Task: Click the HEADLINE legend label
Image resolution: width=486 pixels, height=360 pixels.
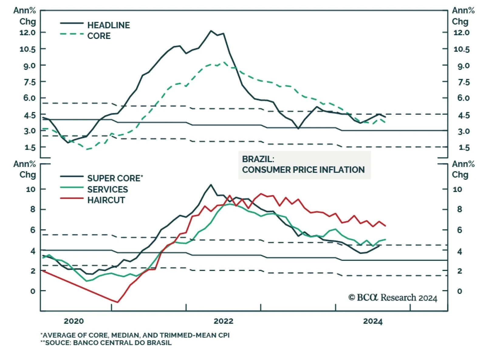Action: pos(108,25)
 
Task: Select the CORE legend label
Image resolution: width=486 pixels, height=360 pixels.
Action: pos(99,36)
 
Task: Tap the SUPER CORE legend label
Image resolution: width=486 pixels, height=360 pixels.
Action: pos(115,178)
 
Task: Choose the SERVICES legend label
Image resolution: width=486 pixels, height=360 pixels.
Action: pos(108,189)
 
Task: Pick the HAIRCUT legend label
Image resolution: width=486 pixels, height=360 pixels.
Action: pos(106,200)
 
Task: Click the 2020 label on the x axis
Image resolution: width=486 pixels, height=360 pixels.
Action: pos(74,321)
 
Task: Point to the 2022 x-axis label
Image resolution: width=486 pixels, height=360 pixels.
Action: pos(224,321)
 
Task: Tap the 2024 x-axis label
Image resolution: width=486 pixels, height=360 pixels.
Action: pos(373,321)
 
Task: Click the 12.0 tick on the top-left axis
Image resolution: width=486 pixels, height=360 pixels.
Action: pos(27,33)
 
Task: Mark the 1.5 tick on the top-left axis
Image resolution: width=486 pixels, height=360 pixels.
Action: pos(30,147)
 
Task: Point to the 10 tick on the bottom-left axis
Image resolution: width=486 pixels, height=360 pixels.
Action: pos(31,189)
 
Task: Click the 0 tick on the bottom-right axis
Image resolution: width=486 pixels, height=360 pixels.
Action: pos(460,291)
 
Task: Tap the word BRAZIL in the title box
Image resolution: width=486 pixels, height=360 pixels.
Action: pos(258,159)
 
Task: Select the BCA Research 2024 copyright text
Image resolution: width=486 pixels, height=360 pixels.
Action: pos(392,297)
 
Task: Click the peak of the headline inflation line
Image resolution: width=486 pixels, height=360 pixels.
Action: pos(211,31)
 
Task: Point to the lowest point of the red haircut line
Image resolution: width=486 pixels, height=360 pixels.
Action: pos(117,302)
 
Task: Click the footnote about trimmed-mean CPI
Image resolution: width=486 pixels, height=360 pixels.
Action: pos(135,335)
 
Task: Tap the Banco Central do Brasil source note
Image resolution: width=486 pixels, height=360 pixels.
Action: pos(106,343)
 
